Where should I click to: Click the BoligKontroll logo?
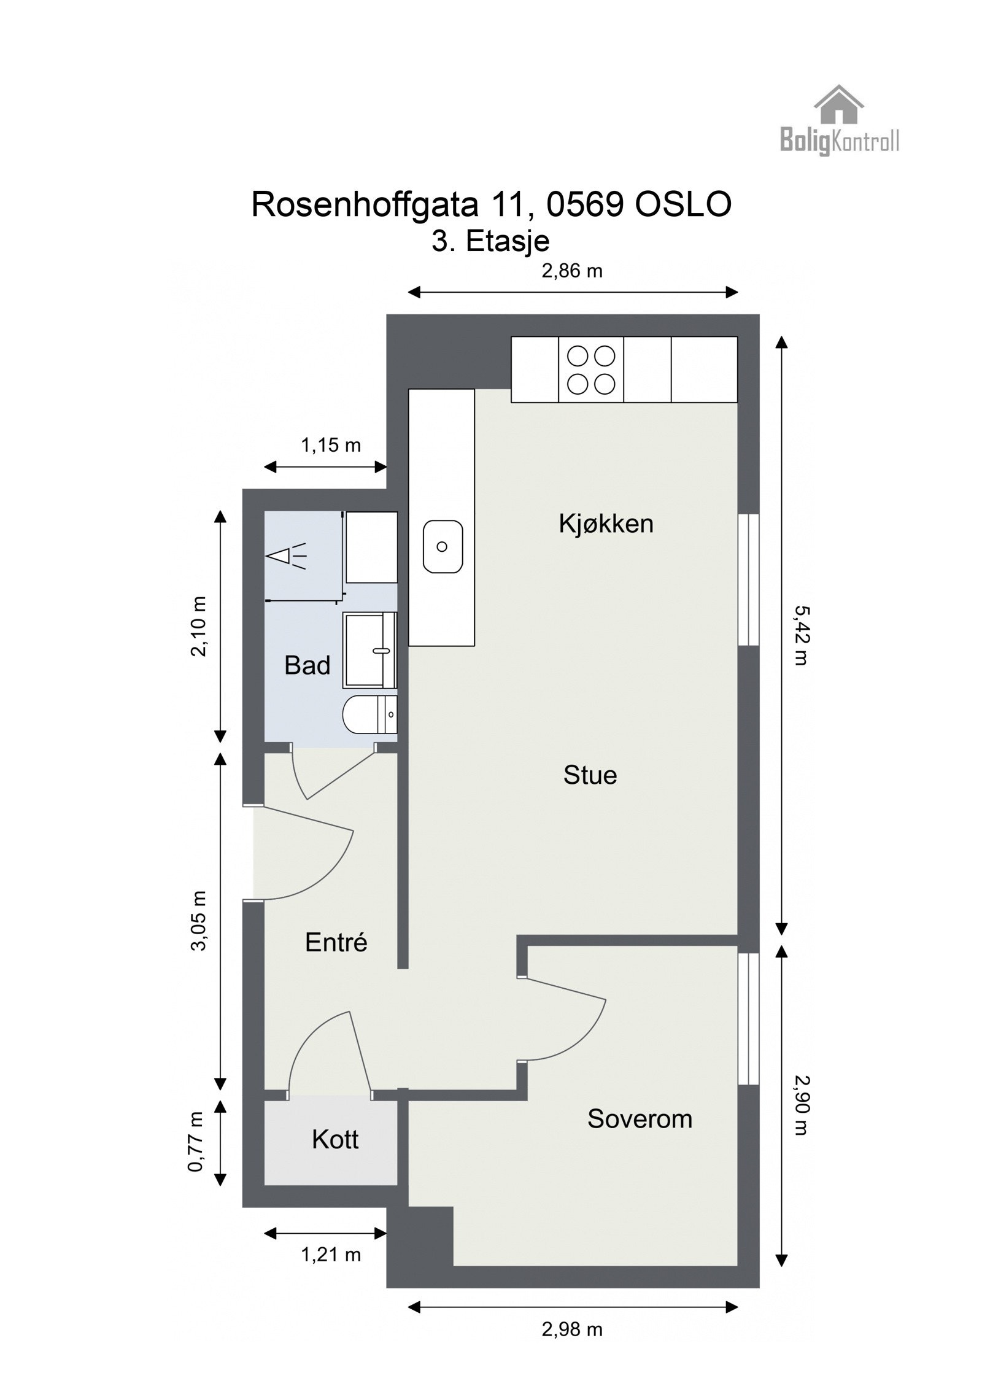click(838, 121)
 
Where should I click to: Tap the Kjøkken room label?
click(605, 524)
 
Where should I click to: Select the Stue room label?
click(590, 775)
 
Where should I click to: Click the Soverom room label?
click(640, 1118)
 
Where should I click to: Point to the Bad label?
click(307, 665)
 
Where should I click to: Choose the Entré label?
click(336, 942)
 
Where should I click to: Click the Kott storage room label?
click(335, 1139)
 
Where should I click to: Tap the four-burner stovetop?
click(590, 369)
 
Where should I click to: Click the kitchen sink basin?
click(443, 546)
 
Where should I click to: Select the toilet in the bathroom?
click(368, 714)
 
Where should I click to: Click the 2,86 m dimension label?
click(571, 271)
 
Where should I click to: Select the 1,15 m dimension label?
click(330, 445)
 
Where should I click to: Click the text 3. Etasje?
click(490, 241)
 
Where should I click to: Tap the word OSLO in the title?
click(682, 204)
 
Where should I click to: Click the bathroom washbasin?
click(369, 649)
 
